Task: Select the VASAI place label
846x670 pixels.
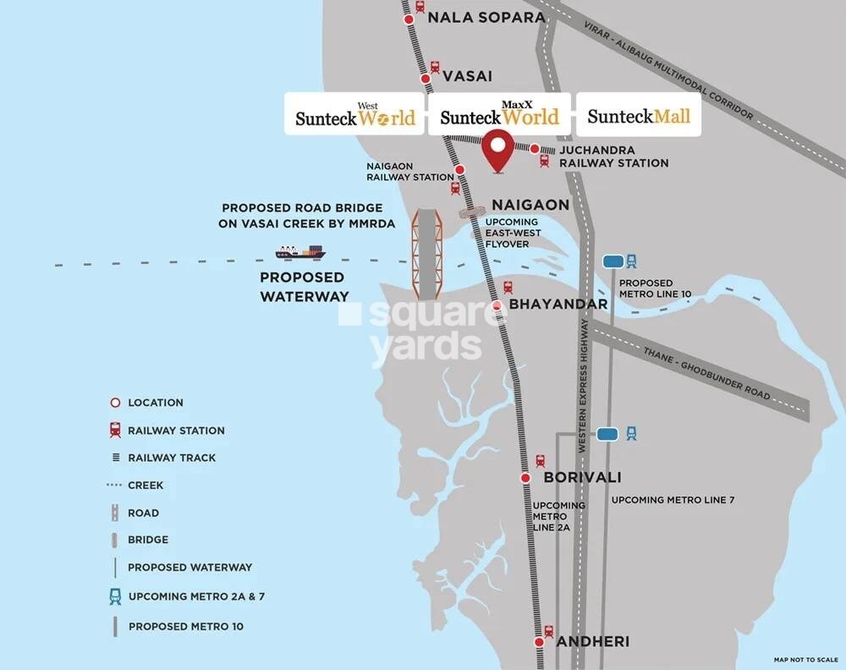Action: (466, 75)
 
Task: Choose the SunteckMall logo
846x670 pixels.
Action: (639, 116)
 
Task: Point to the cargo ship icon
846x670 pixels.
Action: (300, 251)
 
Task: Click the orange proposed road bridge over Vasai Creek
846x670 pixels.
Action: (426, 251)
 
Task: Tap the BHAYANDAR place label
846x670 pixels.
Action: (558, 304)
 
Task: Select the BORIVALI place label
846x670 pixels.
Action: (582, 477)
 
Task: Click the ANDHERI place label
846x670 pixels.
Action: (592, 641)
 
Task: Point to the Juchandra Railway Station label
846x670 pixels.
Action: (613, 157)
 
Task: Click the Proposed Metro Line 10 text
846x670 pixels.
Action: (655, 288)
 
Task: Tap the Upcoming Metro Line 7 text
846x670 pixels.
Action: (673, 500)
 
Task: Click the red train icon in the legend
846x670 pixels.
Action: (114, 430)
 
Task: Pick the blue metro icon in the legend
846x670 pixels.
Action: (114, 596)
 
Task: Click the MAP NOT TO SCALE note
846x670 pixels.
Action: (805, 659)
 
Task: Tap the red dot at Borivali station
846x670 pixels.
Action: (525, 478)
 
